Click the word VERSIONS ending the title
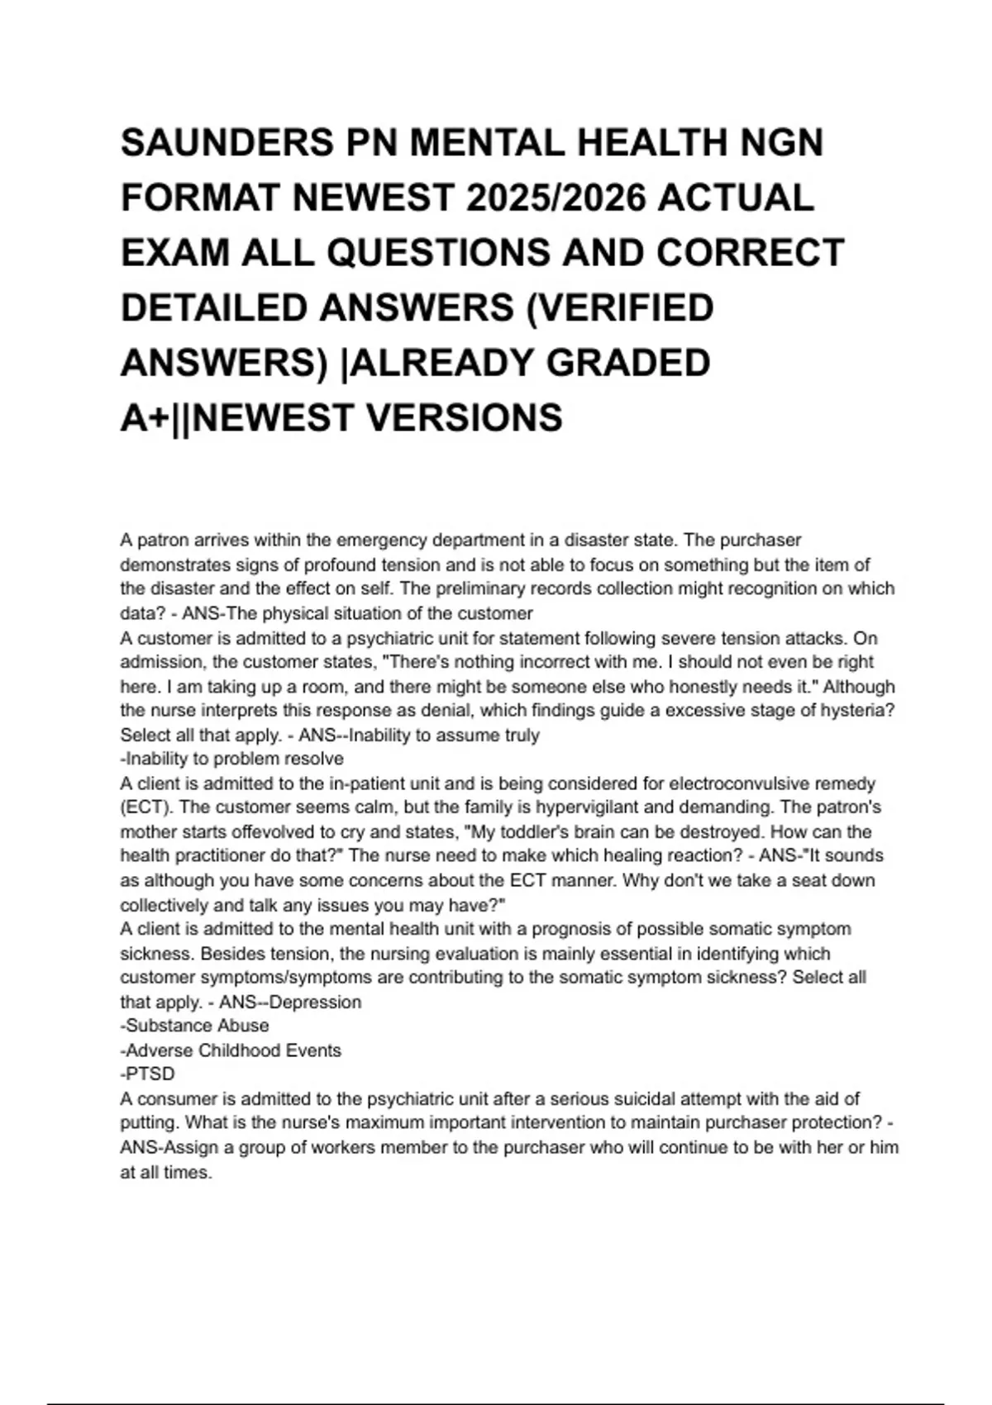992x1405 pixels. pos(464,417)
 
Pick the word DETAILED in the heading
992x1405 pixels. pos(214,308)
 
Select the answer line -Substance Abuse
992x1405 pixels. pos(195,1026)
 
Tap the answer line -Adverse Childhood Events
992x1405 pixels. pos(231,1050)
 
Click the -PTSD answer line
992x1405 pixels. pos(148,1074)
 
